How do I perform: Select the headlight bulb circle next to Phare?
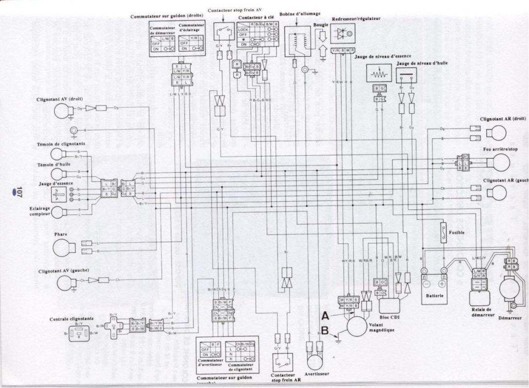(64, 248)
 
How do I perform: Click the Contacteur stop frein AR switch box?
(283, 361)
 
